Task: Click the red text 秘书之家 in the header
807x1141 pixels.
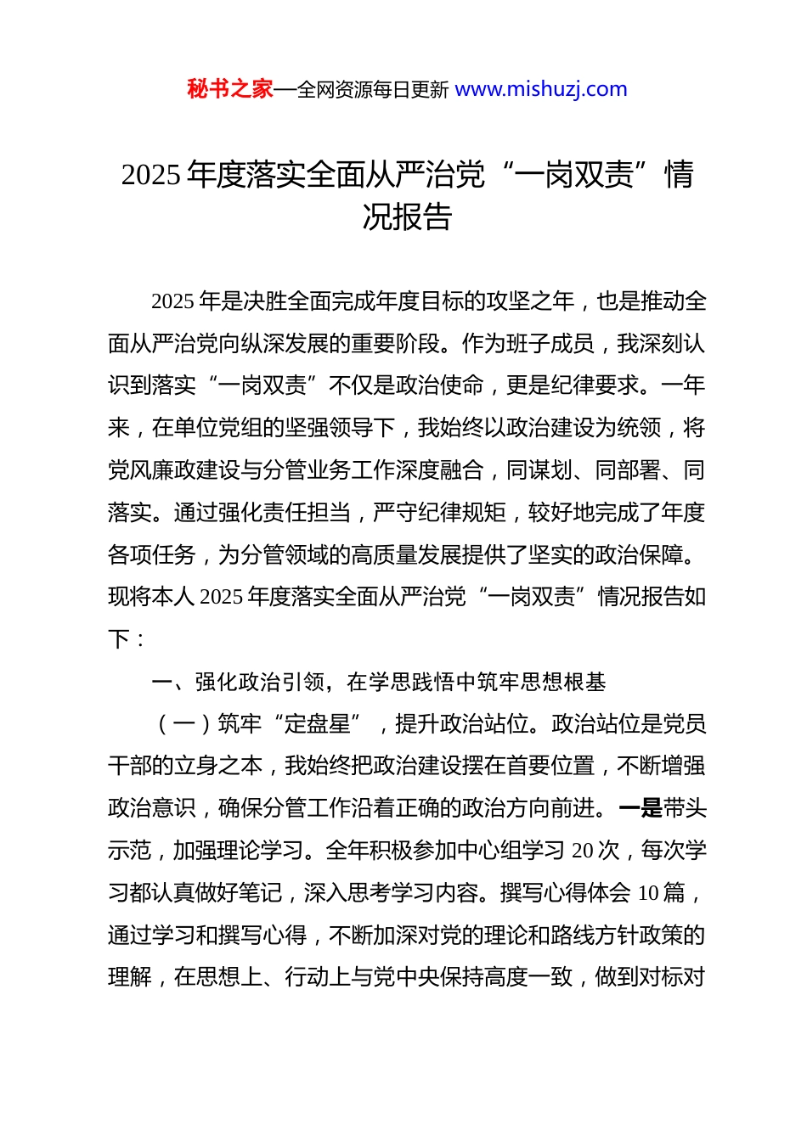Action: click(230, 89)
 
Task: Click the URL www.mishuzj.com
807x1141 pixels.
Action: click(541, 89)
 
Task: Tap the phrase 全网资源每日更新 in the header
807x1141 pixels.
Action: click(373, 90)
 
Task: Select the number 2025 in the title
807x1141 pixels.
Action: click(151, 175)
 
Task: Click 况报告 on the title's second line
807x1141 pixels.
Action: click(407, 217)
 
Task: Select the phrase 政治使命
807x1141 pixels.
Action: click(440, 385)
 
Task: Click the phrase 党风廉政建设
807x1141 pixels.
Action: click(174, 470)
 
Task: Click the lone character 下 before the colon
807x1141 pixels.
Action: click(119, 639)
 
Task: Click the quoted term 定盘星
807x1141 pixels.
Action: click(318, 724)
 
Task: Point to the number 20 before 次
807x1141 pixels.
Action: click(583, 851)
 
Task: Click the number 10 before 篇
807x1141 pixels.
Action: click(648, 893)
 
